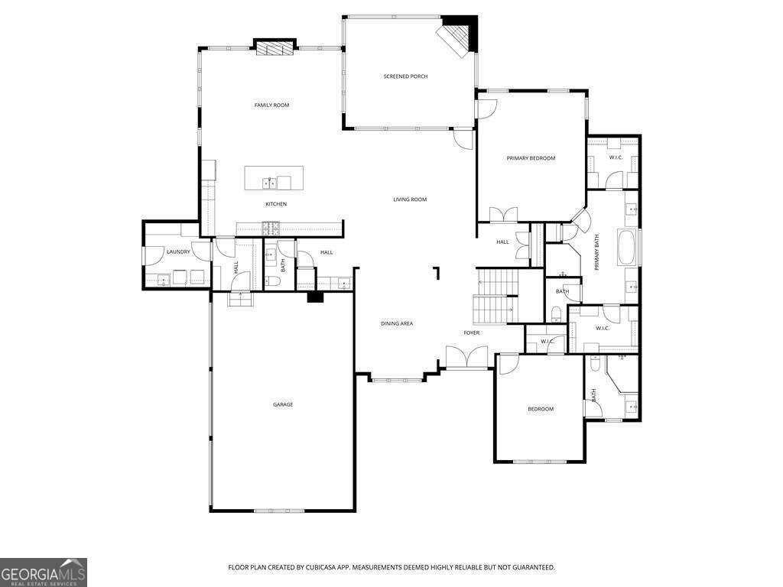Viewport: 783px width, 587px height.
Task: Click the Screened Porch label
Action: coord(405,76)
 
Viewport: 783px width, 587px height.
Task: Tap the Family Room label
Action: coord(271,105)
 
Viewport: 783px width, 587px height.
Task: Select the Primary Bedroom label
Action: coord(531,158)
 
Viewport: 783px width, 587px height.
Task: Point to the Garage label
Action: coord(283,404)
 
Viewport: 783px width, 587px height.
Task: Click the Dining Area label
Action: coord(397,323)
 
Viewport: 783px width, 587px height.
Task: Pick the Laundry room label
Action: coord(178,251)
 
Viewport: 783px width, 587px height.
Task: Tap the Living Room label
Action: coord(410,199)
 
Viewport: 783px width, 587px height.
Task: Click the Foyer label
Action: coord(472,332)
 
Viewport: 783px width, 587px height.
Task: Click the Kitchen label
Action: coord(276,204)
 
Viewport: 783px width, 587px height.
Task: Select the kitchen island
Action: coord(274,178)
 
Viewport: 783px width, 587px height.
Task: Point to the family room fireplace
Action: coord(274,49)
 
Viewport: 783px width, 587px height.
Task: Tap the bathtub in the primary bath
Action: coord(628,248)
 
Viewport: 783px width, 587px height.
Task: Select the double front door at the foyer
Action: coord(467,358)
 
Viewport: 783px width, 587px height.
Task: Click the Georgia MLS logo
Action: coord(44,572)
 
